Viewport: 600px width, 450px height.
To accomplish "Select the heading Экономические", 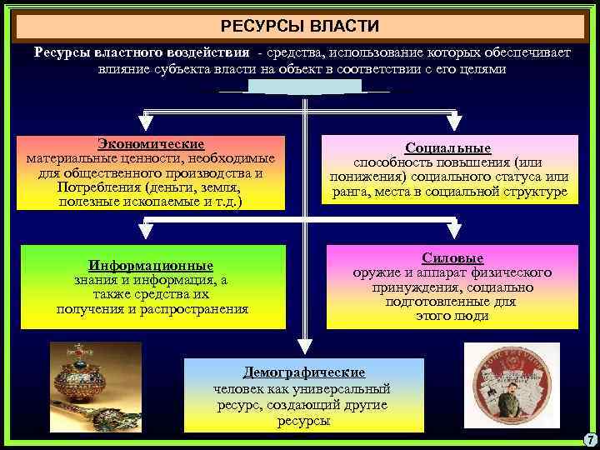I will coord(150,144).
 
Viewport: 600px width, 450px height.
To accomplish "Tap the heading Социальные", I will coord(448,147).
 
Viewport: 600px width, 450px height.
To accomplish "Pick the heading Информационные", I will coord(152,266).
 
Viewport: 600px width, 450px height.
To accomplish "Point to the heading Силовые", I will coord(452,258).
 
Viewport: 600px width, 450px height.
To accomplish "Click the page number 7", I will coord(590,440).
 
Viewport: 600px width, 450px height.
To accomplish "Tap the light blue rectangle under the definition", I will coord(304,86).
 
